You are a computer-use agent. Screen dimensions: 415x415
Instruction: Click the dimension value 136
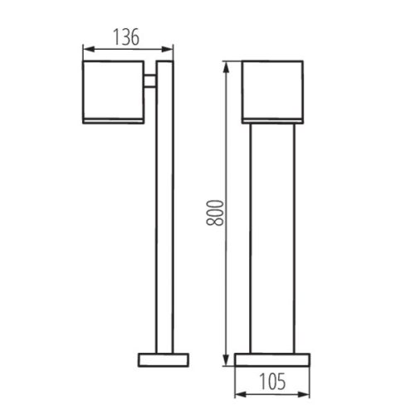pos(126,37)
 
